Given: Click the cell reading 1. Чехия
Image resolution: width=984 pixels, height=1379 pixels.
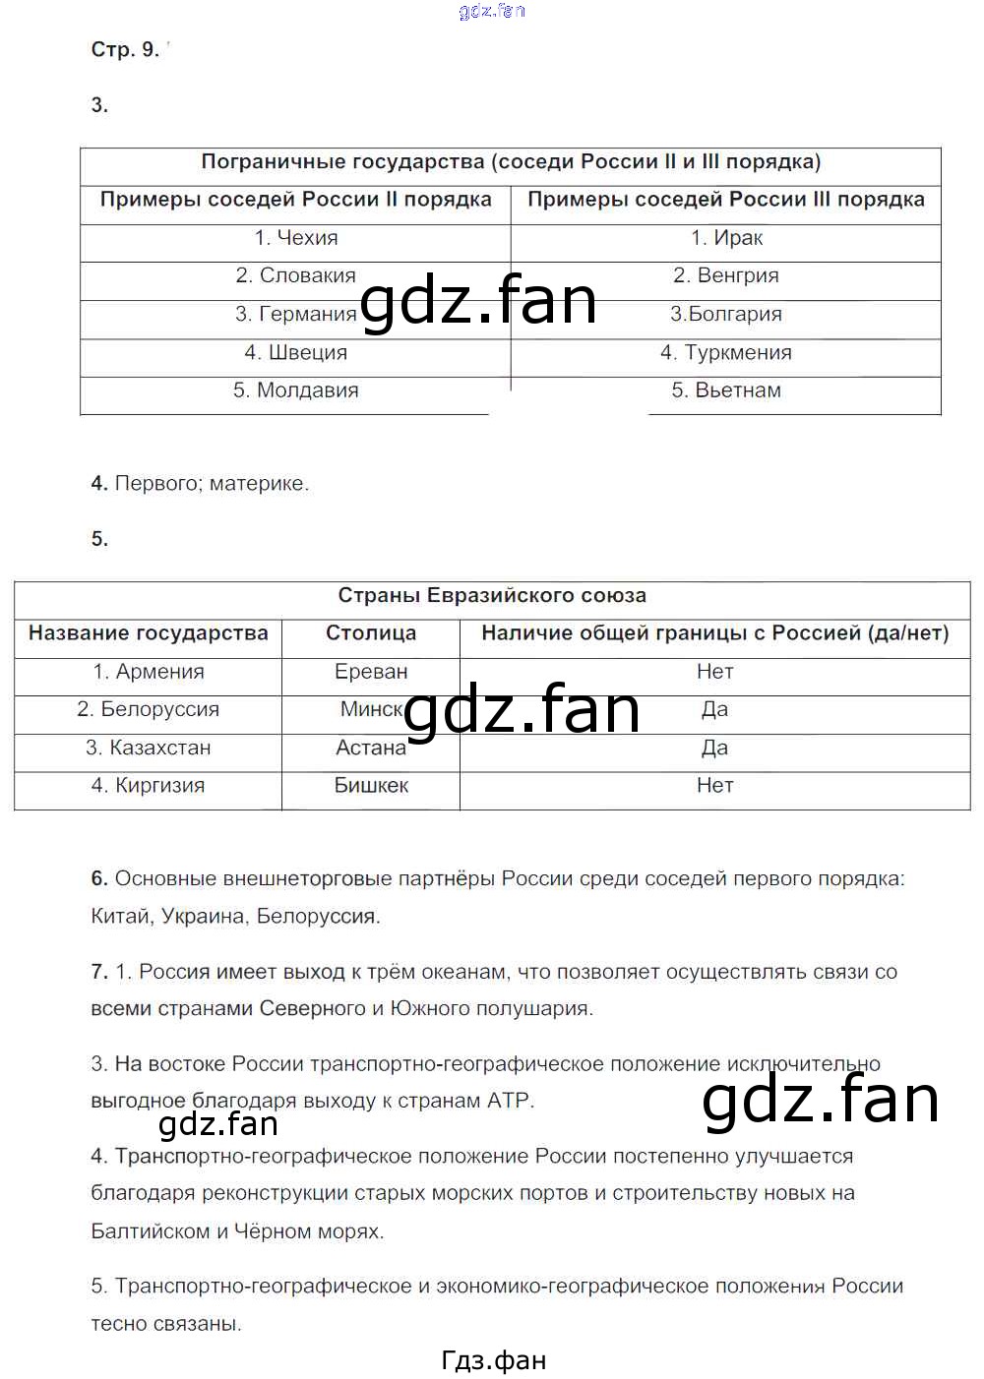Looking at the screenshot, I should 295,238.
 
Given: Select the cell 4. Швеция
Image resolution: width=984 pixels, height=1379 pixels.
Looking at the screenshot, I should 295,352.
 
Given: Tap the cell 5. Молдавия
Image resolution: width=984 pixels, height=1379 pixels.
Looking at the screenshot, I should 295,390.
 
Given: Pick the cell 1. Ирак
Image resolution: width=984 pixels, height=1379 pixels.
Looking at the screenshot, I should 726,238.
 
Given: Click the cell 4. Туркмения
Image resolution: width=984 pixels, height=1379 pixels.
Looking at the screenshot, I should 726,352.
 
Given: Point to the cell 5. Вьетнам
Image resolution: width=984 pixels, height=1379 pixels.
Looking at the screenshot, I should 726,390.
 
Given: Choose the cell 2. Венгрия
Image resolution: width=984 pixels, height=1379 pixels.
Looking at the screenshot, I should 726,276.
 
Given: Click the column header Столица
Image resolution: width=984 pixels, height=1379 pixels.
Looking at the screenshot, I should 371,633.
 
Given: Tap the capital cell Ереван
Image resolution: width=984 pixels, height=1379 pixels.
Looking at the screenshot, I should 371,672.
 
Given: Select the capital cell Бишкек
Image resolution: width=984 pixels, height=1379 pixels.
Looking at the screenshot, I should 371,786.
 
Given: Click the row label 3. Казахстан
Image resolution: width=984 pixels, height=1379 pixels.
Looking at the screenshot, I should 149,748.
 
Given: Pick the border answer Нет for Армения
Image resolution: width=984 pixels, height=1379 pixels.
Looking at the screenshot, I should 714,672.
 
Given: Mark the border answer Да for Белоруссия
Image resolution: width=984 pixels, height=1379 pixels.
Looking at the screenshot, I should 714,709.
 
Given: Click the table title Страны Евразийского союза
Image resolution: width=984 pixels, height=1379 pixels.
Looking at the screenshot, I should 492,596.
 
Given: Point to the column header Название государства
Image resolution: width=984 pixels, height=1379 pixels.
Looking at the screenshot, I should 149,633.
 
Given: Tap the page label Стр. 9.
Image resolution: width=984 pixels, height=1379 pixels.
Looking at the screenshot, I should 125,50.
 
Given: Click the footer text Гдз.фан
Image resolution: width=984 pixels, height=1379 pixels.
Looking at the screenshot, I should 494,1360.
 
